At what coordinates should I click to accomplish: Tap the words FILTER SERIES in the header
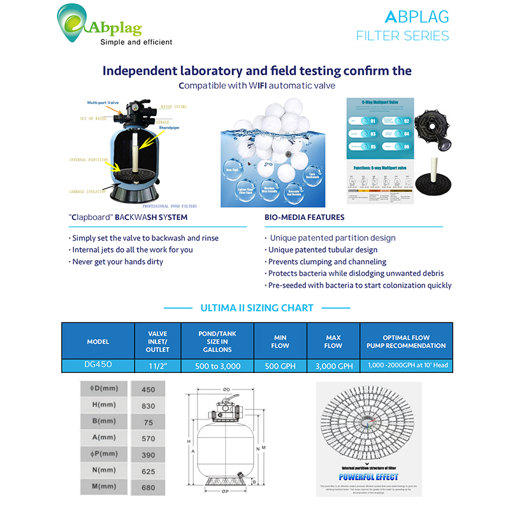pos(402,36)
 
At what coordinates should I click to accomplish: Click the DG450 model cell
pos(98,365)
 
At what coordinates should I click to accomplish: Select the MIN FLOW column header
pos(280,342)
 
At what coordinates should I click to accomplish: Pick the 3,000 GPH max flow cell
pos(333,365)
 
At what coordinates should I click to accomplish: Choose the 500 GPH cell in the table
pos(280,365)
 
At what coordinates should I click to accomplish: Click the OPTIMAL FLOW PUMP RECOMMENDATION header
pos(406,342)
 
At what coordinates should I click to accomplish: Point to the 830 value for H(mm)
pos(148,407)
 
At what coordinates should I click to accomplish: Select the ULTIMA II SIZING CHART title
pos(257,308)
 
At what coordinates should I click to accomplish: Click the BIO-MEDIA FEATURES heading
pos(305,217)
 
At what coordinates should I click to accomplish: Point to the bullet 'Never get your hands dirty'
pos(118,261)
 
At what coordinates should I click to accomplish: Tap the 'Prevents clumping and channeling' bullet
pos(327,261)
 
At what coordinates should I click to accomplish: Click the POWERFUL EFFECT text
pos(369,477)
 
